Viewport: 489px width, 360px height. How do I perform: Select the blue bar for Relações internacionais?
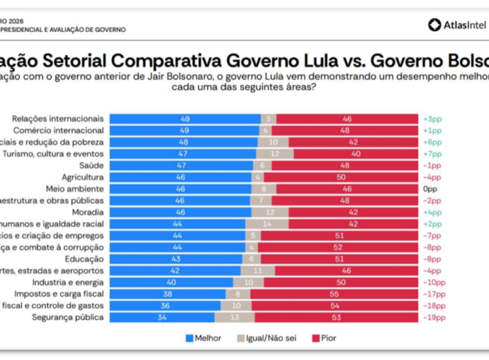tap(185, 119)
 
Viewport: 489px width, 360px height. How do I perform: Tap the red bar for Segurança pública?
tap(336, 317)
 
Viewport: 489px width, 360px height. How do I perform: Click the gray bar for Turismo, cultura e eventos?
tap(274, 154)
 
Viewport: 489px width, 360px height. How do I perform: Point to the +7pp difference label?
tap(432, 154)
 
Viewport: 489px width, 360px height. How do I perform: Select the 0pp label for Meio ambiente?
tap(429, 189)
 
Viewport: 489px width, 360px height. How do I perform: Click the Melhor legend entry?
tap(204, 338)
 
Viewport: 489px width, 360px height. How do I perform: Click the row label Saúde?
tap(92, 166)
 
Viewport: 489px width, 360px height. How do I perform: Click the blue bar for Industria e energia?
tap(171, 282)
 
